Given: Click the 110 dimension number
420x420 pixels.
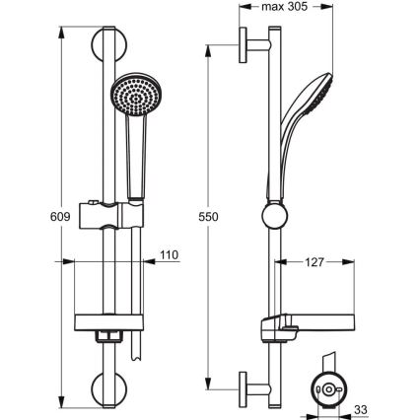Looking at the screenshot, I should click(x=171, y=255).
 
